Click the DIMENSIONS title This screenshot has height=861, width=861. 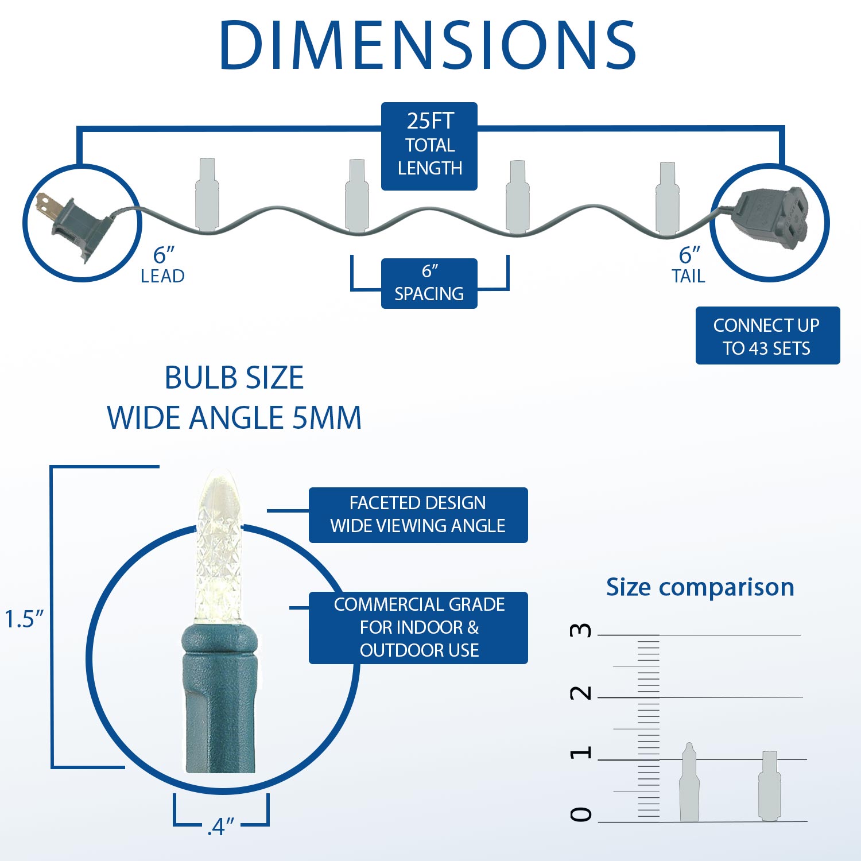pos(428,45)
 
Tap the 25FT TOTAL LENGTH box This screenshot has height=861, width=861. pos(429,146)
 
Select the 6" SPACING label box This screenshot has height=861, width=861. pos(429,284)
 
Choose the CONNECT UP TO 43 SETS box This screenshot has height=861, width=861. pos(767,336)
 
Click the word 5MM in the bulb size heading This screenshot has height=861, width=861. pos(327,417)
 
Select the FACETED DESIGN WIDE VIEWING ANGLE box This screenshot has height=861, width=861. pos(418,515)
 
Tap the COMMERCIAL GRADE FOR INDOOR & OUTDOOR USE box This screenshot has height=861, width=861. pos(418,628)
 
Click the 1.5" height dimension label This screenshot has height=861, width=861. pos(24,619)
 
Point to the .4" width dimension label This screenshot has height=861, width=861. pos(221,827)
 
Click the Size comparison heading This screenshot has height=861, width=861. pos(700,588)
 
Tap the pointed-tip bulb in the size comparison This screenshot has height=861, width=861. pos(689,782)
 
